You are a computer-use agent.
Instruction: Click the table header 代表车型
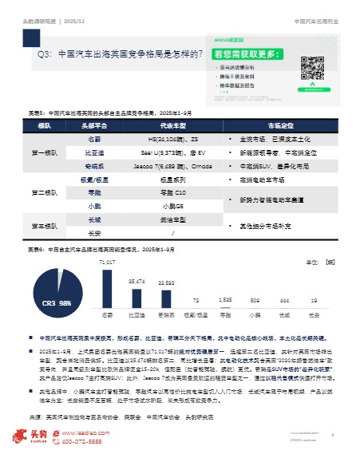pos(168,125)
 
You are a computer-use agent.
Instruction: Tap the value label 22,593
pos(166,282)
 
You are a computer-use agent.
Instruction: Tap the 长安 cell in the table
pos(93,233)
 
